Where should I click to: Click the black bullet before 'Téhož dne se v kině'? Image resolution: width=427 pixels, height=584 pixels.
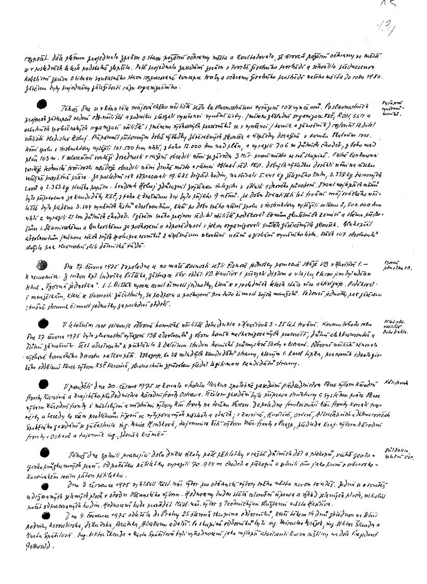pos(43,103)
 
